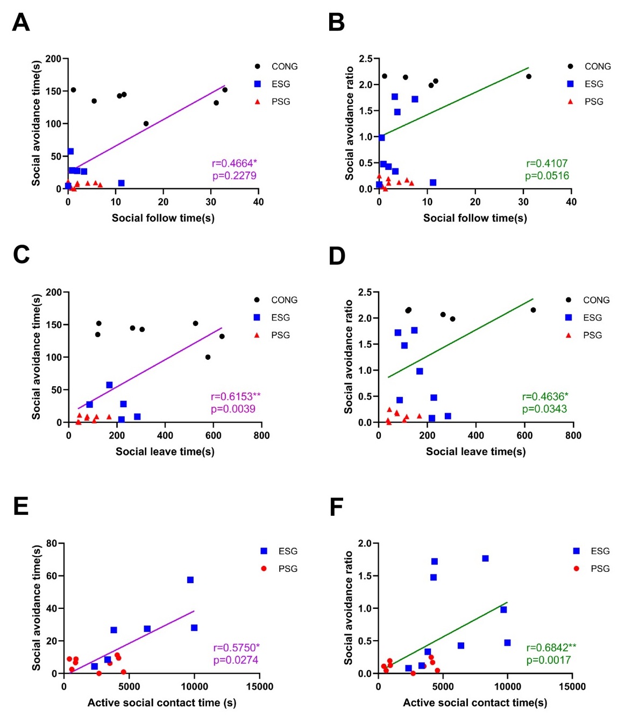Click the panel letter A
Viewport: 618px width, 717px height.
(x=21, y=23)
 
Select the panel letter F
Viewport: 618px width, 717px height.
(x=336, y=507)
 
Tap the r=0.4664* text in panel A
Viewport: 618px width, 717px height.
(x=234, y=164)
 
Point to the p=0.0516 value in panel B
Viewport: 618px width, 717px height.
(x=547, y=176)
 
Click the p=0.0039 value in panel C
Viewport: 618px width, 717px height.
(x=233, y=409)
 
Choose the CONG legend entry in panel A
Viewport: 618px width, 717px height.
(x=284, y=67)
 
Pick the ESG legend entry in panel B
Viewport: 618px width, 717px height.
(x=594, y=84)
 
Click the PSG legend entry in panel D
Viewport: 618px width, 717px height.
(x=592, y=335)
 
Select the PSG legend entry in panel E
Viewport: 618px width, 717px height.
(x=288, y=569)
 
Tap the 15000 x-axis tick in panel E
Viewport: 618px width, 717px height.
(x=260, y=686)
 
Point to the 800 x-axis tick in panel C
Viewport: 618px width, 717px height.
(x=261, y=435)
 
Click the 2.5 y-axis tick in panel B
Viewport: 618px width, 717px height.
(x=366, y=59)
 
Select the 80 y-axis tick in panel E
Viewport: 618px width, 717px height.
(x=52, y=543)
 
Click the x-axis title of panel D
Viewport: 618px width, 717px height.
(x=475, y=451)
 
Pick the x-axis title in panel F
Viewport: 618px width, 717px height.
(x=475, y=702)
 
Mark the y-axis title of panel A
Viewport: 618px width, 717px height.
(x=37, y=123)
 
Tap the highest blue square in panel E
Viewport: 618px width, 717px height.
(x=190, y=580)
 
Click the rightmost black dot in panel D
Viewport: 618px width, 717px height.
(x=533, y=310)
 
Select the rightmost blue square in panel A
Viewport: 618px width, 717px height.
(x=121, y=183)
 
